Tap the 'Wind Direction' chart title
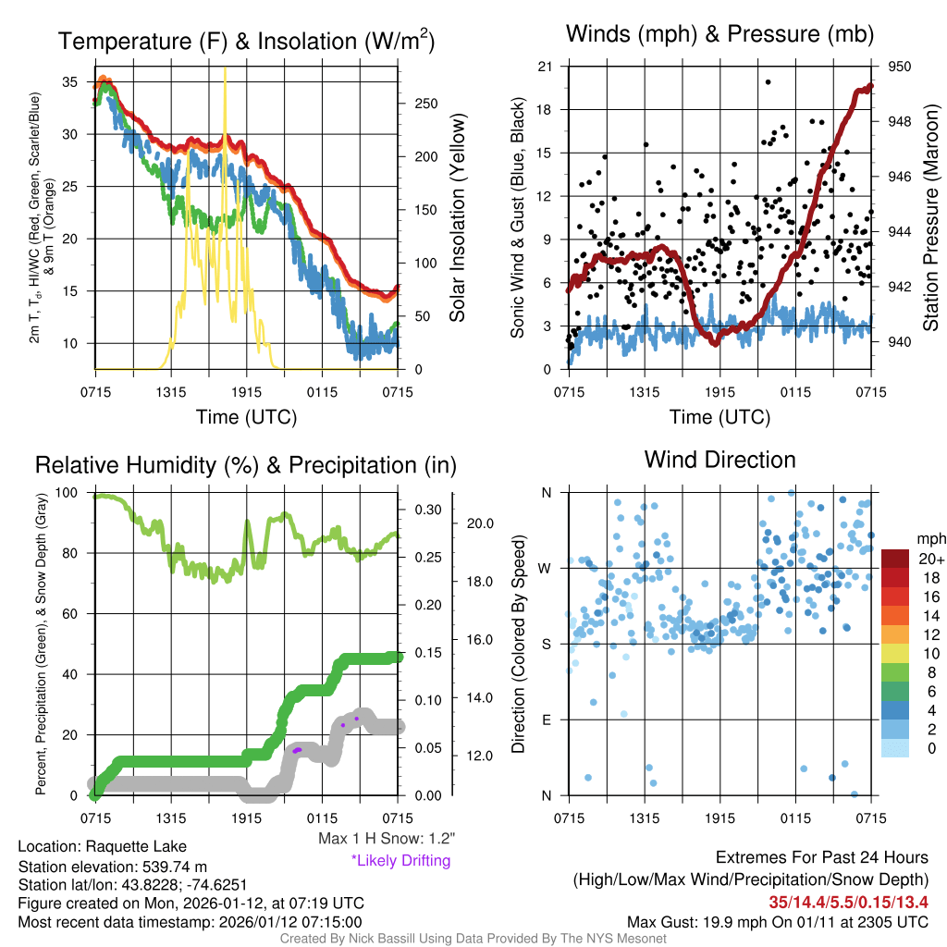(719, 460)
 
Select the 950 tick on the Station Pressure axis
(899, 67)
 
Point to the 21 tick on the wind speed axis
(545, 67)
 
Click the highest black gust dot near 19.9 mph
(769, 81)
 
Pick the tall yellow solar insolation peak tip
(225, 68)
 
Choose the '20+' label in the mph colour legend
(929, 559)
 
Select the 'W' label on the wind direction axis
(546, 568)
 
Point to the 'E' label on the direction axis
(547, 719)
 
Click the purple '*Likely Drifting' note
(400, 860)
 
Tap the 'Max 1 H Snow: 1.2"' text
(386, 839)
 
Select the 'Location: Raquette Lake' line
(102, 846)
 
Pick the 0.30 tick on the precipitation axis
(429, 510)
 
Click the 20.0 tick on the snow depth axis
(478, 523)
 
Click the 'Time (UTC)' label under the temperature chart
(246, 417)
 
